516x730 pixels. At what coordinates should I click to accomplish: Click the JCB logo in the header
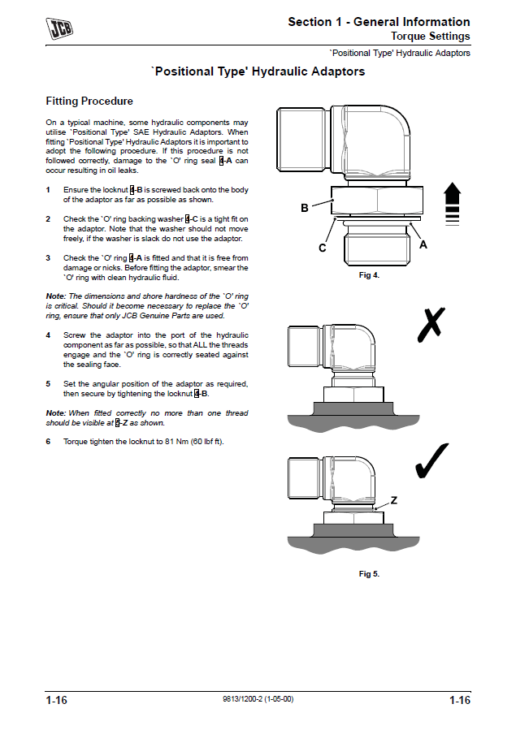[x=59, y=30]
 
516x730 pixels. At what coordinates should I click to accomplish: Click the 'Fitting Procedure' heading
[x=89, y=102]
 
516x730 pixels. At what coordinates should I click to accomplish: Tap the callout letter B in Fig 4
[x=305, y=208]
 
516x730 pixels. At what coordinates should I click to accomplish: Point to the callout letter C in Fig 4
[x=323, y=248]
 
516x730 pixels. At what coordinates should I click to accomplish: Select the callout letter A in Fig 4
[x=423, y=244]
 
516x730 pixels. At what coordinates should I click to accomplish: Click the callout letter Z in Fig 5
[x=394, y=501]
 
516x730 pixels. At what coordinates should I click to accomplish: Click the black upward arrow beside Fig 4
[x=453, y=204]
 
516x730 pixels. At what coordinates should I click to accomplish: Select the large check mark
[x=434, y=460]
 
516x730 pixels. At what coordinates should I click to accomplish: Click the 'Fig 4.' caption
[x=370, y=275]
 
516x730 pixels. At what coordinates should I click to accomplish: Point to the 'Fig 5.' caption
[x=370, y=574]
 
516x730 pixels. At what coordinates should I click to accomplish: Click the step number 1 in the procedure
[x=48, y=190]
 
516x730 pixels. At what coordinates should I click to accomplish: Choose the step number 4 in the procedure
[x=48, y=335]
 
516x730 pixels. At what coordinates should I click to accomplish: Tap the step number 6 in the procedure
[x=48, y=442]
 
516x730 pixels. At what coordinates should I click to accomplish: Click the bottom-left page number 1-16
[x=56, y=701]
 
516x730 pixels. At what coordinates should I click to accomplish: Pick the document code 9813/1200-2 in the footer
[x=258, y=700]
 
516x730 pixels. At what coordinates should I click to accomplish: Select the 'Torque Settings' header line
[x=431, y=37]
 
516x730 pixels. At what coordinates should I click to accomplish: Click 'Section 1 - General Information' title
[x=379, y=22]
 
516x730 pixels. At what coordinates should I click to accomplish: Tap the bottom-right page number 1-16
[x=459, y=701]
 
